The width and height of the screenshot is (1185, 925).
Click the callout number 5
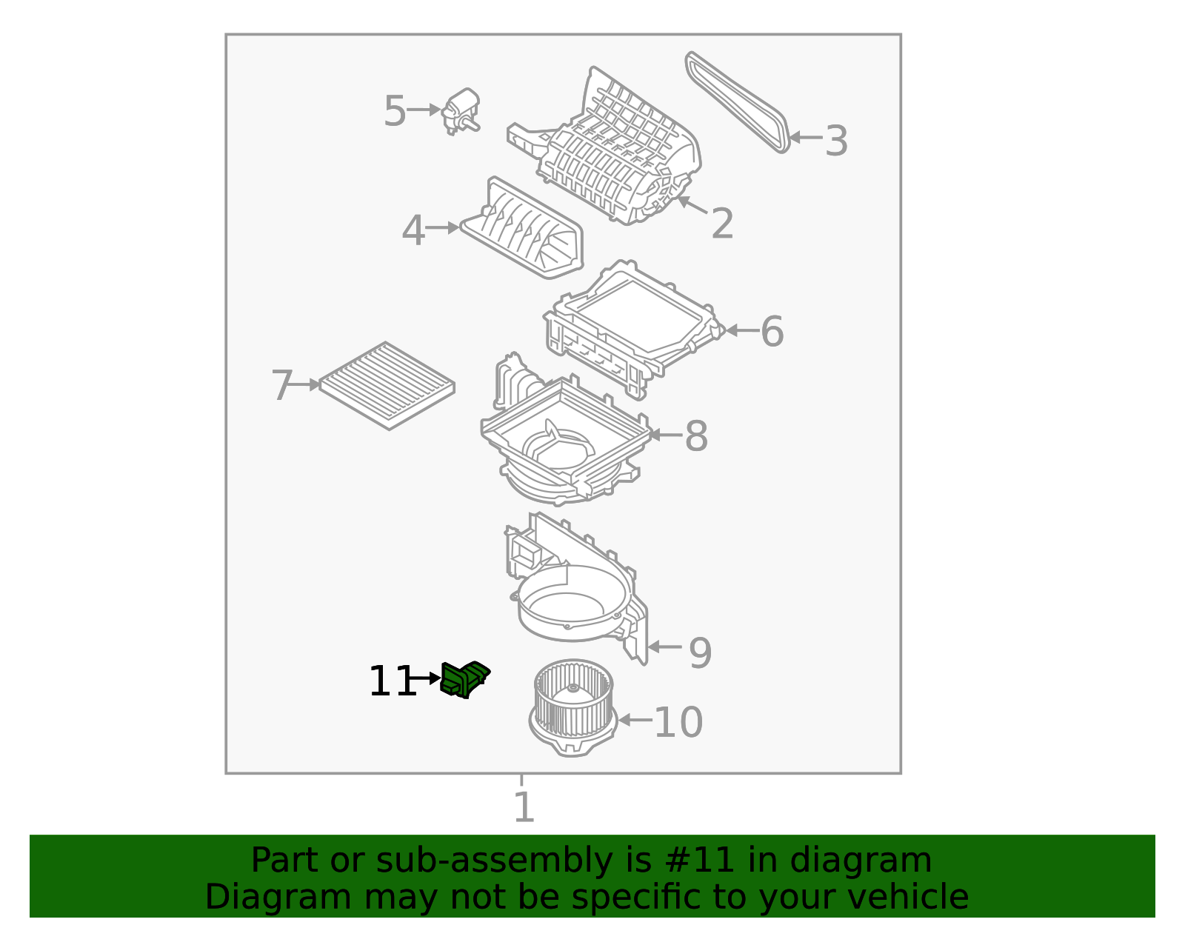pos(395,112)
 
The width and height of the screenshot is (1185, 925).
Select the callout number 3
pos(836,141)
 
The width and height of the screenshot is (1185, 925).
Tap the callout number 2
pos(722,224)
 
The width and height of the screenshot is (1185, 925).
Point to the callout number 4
pos(413,231)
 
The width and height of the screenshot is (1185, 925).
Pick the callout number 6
pos(772,332)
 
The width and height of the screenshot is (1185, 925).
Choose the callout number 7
pos(282,387)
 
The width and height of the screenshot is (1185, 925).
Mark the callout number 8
pos(696,436)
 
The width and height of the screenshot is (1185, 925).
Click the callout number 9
pos(700,652)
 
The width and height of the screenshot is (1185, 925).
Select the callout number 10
pos(678,722)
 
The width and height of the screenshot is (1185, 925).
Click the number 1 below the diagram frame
pos(524,807)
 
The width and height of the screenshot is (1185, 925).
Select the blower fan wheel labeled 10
pos(573,707)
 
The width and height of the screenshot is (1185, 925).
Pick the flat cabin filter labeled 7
pos(387,385)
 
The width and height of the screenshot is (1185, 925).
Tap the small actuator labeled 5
pos(461,111)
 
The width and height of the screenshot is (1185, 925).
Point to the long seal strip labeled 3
pos(738,101)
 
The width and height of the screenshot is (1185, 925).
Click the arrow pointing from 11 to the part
pos(426,678)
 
